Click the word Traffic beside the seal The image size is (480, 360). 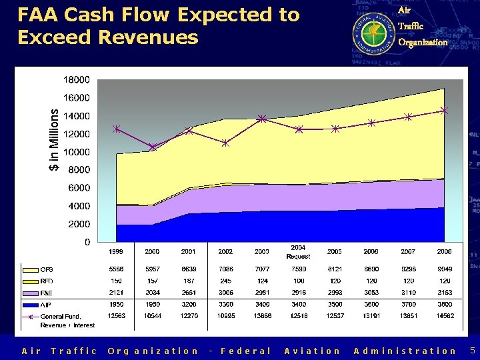pos(410,26)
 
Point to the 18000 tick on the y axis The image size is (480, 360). pos(77,79)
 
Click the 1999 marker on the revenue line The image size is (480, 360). pos(117,129)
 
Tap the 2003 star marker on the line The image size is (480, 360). pos(263,119)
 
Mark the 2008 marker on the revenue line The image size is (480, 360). pos(445,111)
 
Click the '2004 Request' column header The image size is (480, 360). pos(298,252)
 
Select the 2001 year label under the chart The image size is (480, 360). pos(189,252)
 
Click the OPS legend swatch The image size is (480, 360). pos(30,270)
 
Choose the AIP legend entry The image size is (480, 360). pos(47,304)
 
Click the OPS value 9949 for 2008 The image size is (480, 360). pos(444,270)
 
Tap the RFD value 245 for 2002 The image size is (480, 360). pos(225,281)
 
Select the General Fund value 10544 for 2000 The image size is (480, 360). pos(153,315)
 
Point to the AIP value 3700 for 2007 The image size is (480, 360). pos(408,304)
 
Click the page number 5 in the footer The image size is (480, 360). pos(472,350)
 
